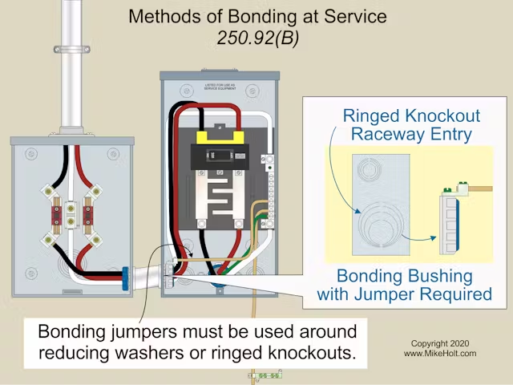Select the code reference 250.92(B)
[256, 37]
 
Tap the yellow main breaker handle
[219, 137]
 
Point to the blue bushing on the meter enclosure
[125, 279]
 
